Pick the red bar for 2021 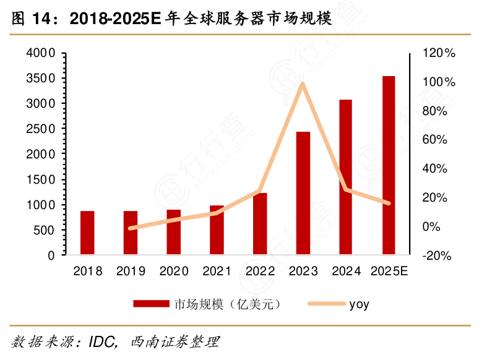[217, 230]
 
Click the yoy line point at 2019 [131, 228]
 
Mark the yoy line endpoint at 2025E [389, 203]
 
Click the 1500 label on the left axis [40, 179]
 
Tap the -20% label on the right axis [437, 255]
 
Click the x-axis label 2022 [260, 271]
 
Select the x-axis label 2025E [389, 271]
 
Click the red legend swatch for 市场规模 [151, 304]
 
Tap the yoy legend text [359, 304]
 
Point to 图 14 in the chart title [30, 19]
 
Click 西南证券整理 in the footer [175, 342]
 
